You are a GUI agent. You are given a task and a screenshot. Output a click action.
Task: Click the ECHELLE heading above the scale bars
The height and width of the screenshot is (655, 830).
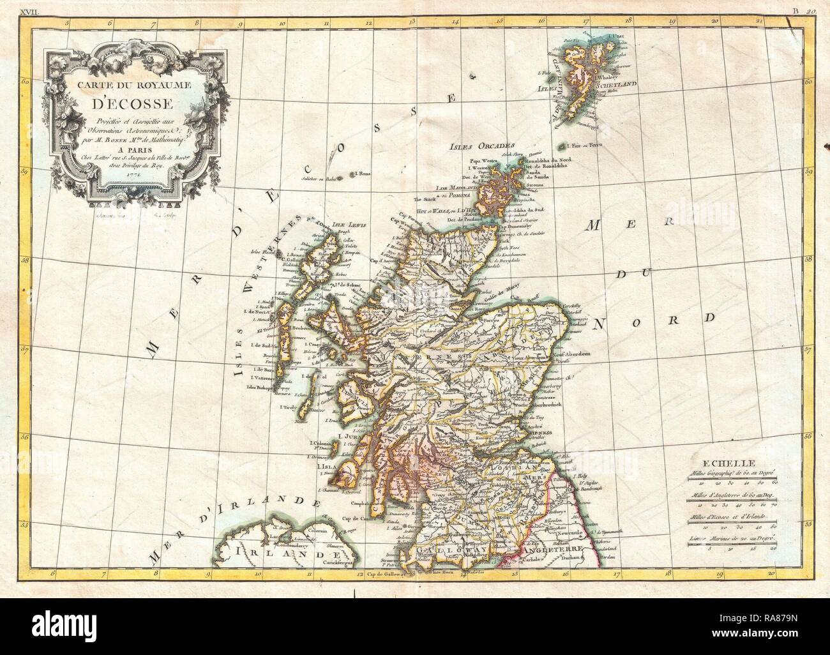(x=732, y=463)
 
